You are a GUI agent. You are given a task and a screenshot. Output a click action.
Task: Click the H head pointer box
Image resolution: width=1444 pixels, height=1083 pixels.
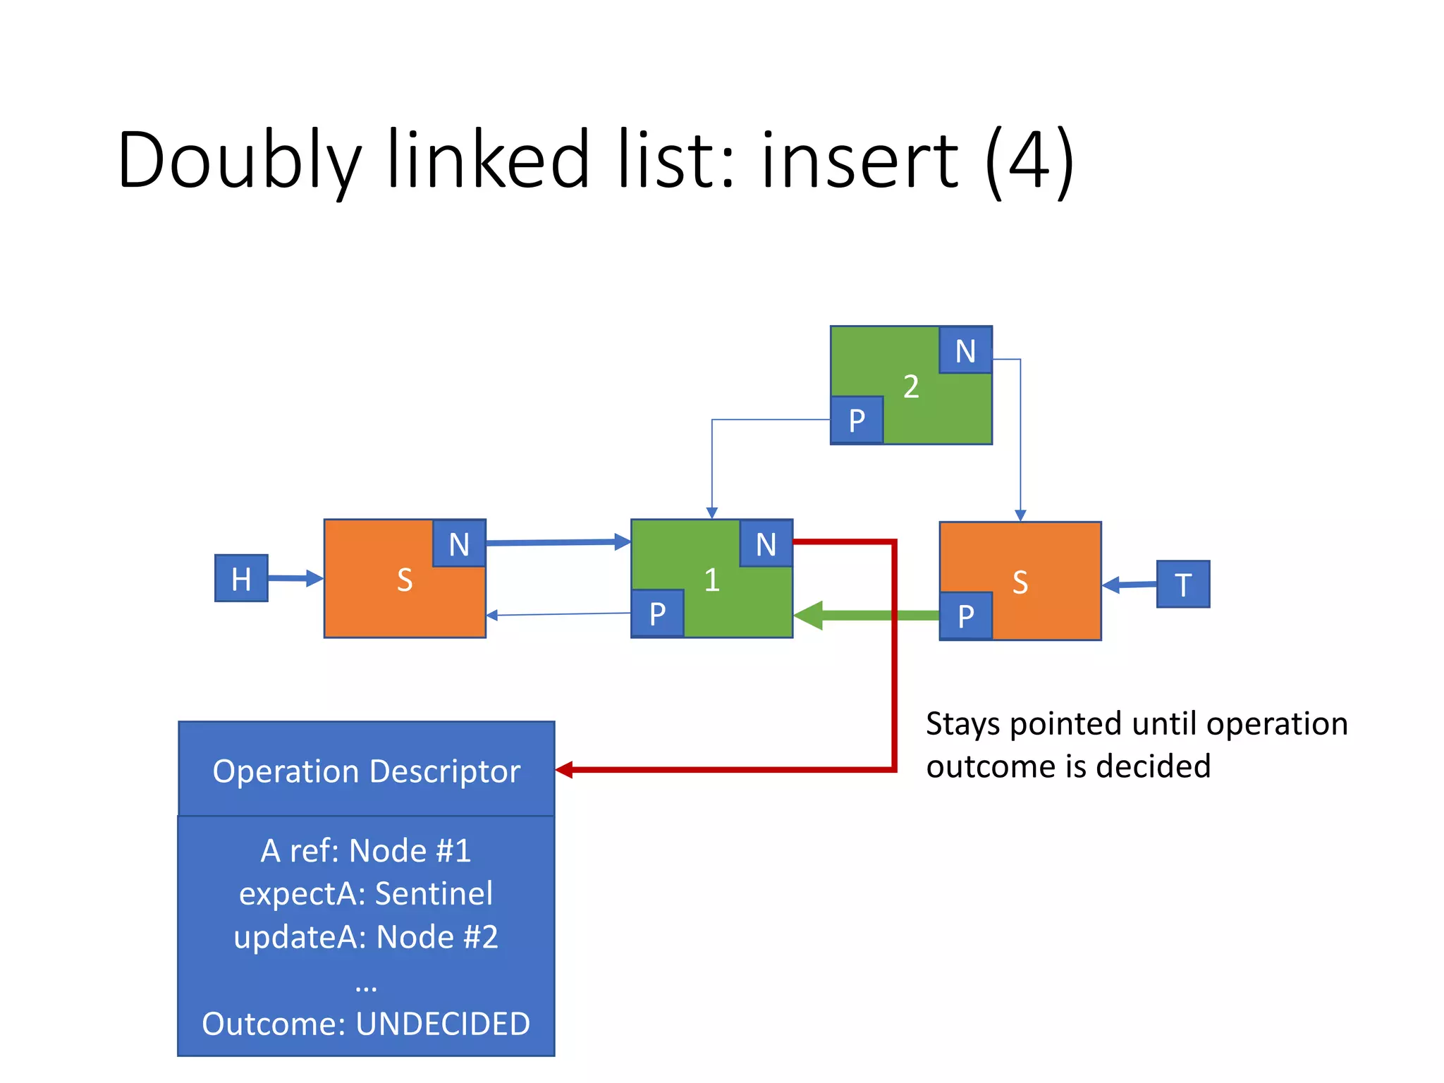point(241,578)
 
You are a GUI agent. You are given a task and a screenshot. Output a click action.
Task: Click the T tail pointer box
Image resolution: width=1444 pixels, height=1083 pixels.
point(1182,584)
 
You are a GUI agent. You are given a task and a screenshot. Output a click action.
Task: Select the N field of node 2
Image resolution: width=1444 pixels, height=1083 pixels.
point(965,350)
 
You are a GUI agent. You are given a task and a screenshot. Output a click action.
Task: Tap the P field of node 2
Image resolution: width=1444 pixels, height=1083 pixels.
point(857,420)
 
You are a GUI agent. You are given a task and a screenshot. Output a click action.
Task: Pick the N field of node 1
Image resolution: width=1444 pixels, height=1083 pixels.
point(766,544)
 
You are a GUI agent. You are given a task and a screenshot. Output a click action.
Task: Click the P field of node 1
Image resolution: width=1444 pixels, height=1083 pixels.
point(657,613)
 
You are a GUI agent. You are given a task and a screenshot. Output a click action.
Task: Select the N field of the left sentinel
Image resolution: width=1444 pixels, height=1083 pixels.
point(459,544)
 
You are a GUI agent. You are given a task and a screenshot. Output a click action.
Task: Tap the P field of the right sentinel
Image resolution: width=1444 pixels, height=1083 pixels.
point(966,616)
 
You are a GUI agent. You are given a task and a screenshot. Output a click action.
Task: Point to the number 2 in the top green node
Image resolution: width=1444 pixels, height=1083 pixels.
point(911,386)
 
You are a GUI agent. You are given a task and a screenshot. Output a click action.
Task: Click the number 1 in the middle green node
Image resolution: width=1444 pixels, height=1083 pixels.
point(711,580)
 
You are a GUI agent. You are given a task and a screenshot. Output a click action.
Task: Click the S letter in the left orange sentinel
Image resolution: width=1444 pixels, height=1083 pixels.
point(405,580)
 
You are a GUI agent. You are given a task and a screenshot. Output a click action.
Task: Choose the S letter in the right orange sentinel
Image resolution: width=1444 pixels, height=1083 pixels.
point(1020,582)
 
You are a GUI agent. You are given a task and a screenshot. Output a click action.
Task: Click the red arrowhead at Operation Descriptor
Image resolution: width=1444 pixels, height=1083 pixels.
point(564,770)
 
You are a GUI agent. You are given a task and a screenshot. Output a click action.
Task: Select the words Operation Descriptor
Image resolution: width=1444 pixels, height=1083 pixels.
point(366,771)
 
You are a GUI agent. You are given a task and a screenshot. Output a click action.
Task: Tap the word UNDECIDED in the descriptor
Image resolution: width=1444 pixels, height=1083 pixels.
point(443,1024)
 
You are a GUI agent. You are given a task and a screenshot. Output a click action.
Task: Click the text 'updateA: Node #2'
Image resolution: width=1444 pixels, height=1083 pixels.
point(366,937)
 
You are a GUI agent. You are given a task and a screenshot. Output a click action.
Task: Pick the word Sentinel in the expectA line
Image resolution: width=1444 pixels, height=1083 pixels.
point(434,893)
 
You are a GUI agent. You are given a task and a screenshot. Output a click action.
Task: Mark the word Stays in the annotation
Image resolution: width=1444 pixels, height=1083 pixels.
point(963,724)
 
